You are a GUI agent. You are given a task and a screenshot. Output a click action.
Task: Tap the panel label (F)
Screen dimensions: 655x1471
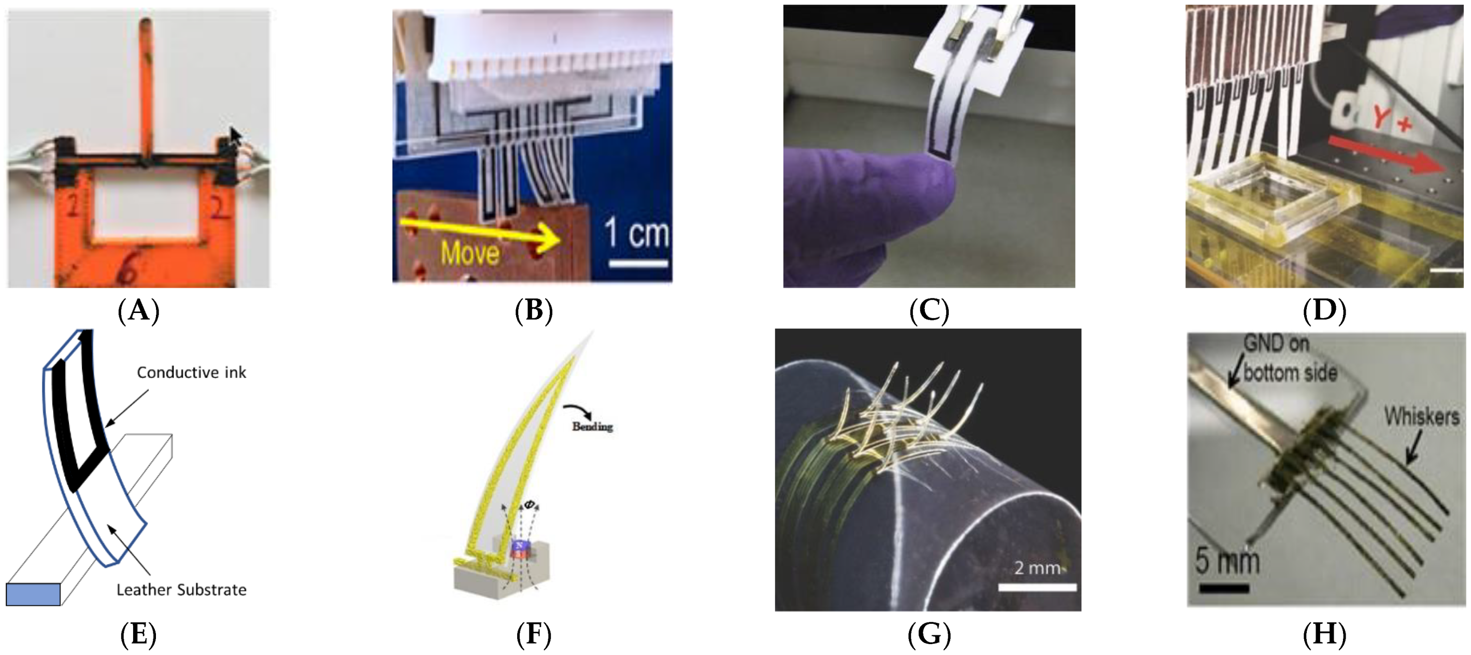pos(533,634)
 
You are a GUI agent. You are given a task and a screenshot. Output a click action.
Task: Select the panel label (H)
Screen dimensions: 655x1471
pos(1324,634)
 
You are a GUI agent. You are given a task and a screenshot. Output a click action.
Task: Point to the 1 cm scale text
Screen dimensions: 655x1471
pos(637,233)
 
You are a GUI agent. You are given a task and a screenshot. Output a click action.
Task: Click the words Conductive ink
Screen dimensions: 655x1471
pos(191,373)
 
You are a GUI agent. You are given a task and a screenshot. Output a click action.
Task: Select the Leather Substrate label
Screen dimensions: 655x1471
pos(181,589)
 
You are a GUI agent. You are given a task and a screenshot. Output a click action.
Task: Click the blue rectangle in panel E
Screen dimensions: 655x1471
pos(33,594)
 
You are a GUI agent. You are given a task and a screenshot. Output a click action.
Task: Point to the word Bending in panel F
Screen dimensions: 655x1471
pos(592,426)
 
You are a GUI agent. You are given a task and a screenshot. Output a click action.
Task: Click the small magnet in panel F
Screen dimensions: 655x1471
pos(519,549)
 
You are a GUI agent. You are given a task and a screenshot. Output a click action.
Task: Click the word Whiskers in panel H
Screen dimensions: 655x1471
pos(1421,416)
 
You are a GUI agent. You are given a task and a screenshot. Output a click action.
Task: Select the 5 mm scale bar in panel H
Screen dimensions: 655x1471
pos(1224,588)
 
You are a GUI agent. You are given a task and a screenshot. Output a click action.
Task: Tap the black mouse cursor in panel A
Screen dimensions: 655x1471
pos(235,137)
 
